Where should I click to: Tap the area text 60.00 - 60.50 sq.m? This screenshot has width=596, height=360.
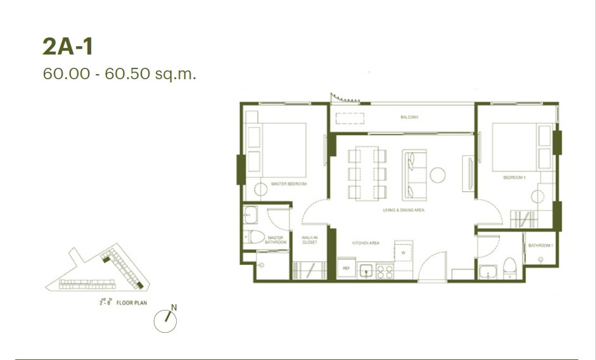(120, 74)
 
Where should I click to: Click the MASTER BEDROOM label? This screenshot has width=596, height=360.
(288, 184)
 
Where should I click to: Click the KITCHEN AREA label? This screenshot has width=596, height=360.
(365, 243)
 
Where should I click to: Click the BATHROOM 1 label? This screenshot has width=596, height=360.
(542, 245)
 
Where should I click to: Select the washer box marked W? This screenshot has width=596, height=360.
(403, 251)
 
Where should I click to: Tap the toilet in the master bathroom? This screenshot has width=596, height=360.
(255, 238)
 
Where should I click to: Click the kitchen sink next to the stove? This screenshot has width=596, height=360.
(366, 271)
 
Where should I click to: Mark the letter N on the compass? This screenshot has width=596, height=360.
(174, 308)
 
